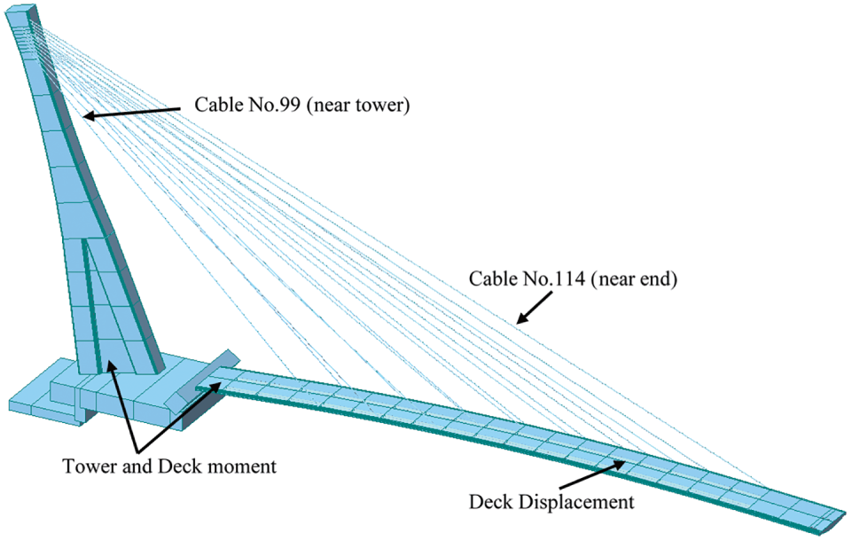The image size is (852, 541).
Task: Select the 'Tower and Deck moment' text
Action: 169,465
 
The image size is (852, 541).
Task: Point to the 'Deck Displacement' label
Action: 551,501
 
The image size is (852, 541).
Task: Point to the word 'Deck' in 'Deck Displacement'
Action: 490,501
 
